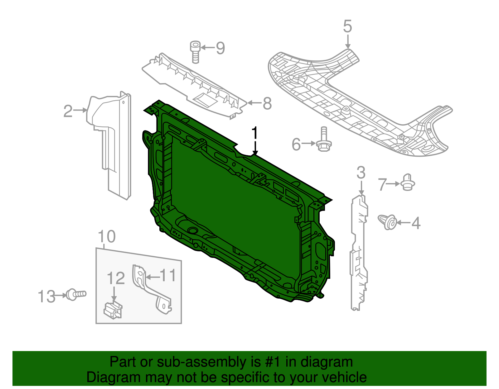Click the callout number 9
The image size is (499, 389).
[220, 48]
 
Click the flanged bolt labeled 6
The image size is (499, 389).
[324, 140]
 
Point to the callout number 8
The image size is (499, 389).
[267, 103]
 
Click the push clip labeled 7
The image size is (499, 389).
[407, 183]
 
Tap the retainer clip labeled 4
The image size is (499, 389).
[388, 222]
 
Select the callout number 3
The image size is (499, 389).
[361, 173]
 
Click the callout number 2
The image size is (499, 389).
[68, 111]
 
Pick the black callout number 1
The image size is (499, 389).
[255, 133]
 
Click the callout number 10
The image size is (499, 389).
[107, 237]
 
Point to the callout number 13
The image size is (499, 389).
[46, 296]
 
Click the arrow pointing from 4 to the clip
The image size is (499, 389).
[404, 223]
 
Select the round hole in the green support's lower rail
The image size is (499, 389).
[193, 231]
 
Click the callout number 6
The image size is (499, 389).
[296, 145]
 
